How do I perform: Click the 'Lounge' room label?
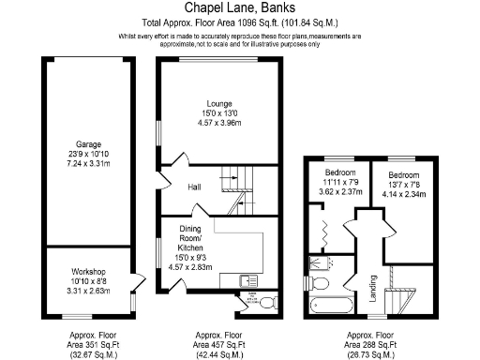[x=220, y=103]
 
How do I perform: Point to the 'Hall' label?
[x=194, y=187]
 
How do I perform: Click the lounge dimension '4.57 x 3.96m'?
[x=220, y=122]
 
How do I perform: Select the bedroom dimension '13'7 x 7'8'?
[x=404, y=185]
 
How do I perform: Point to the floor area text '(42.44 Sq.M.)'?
[x=218, y=355]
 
